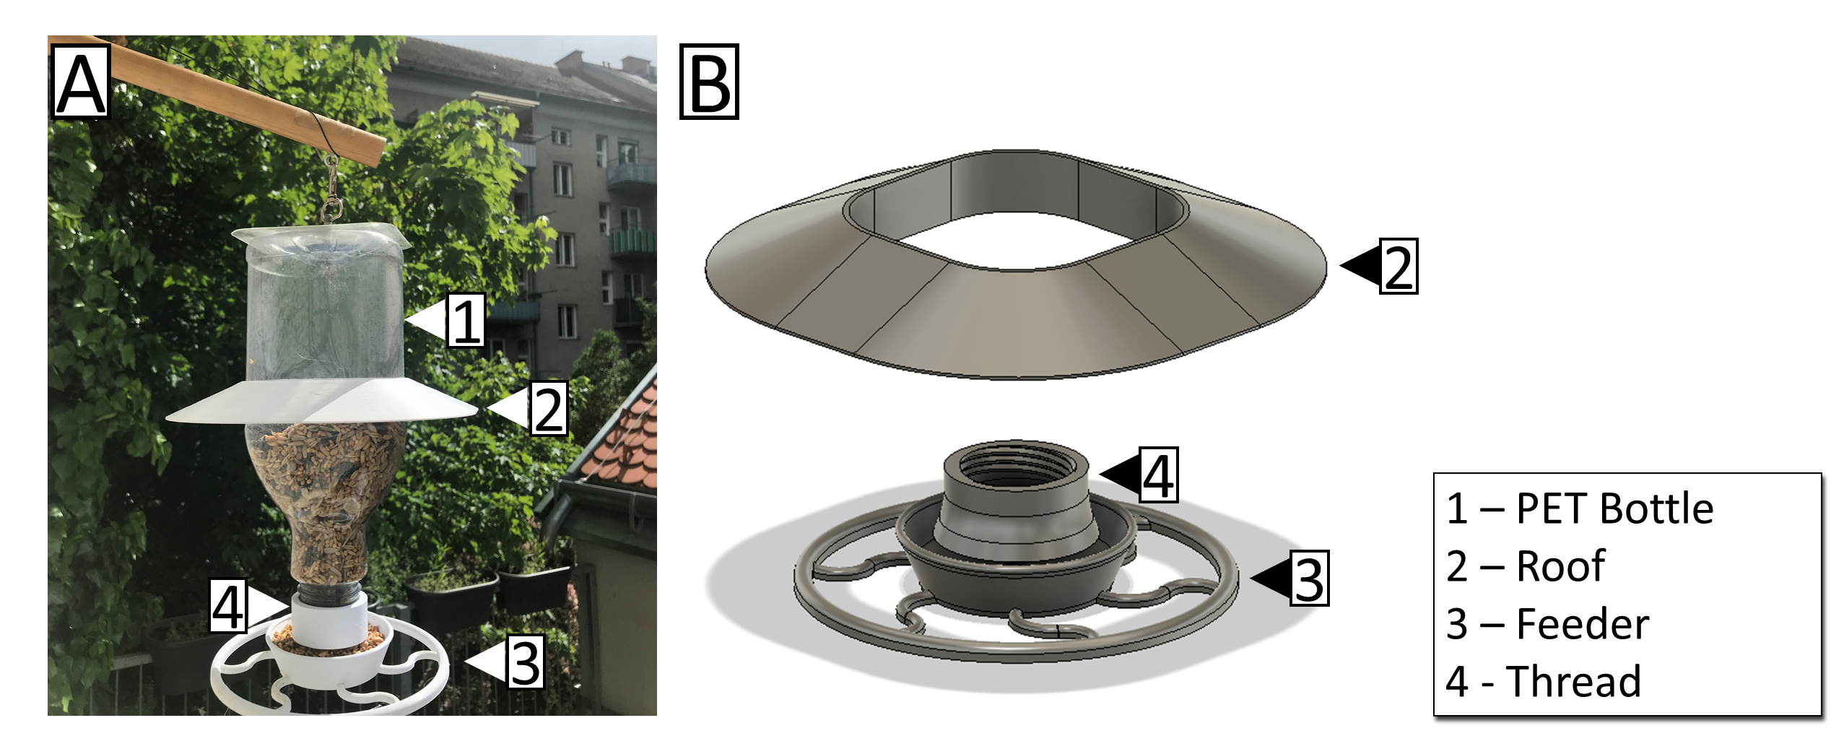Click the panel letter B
[709, 84]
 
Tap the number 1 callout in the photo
[465, 320]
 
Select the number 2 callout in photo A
[548, 409]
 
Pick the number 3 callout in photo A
[524, 662]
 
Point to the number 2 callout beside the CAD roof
[1398, 267]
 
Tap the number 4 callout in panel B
[1159, 475]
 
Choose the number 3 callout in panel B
[1309, 578]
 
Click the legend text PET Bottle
[1614, 508]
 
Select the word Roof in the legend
[1560, 566]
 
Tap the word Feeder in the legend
[1582, 623]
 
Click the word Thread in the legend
[1573, 681]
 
